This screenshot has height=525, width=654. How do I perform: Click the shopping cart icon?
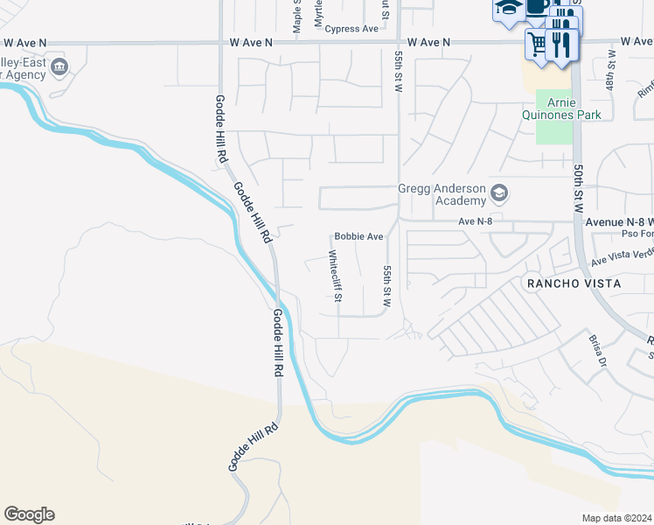pos(537,42)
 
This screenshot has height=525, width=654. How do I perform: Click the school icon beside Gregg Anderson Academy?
pos(499,192)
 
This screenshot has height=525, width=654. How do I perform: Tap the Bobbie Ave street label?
pos(358,237)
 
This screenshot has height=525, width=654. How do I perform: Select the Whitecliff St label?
pos(335,277)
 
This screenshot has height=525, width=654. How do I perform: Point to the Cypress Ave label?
pos(351,29)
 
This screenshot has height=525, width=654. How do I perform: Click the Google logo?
pos(29,514)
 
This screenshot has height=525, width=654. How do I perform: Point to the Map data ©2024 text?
pos(616,518)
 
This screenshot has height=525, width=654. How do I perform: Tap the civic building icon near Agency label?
pos(59,66)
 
